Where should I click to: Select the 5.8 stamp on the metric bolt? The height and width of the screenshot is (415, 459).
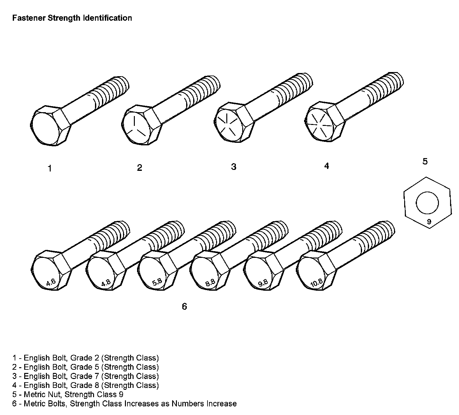point(157,282)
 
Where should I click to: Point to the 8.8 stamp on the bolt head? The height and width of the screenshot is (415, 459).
point(210,282)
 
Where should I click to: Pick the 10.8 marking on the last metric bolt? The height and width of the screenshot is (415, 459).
point(316,283)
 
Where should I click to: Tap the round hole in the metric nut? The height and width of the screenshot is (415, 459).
point(427,203)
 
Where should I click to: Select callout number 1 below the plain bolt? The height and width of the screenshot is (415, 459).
point(50,168)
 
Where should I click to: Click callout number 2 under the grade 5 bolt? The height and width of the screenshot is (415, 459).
point(139,168)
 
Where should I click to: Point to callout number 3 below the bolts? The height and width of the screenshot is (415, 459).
point(234,167)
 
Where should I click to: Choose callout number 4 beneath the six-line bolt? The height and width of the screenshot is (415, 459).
point(326,166)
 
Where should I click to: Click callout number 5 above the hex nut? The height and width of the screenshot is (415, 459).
point(425,161)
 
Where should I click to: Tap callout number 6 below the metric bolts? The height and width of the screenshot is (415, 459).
point(184,307)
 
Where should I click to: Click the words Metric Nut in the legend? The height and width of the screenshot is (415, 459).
point(42,395)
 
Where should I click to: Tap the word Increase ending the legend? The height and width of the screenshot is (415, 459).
point(222,404)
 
